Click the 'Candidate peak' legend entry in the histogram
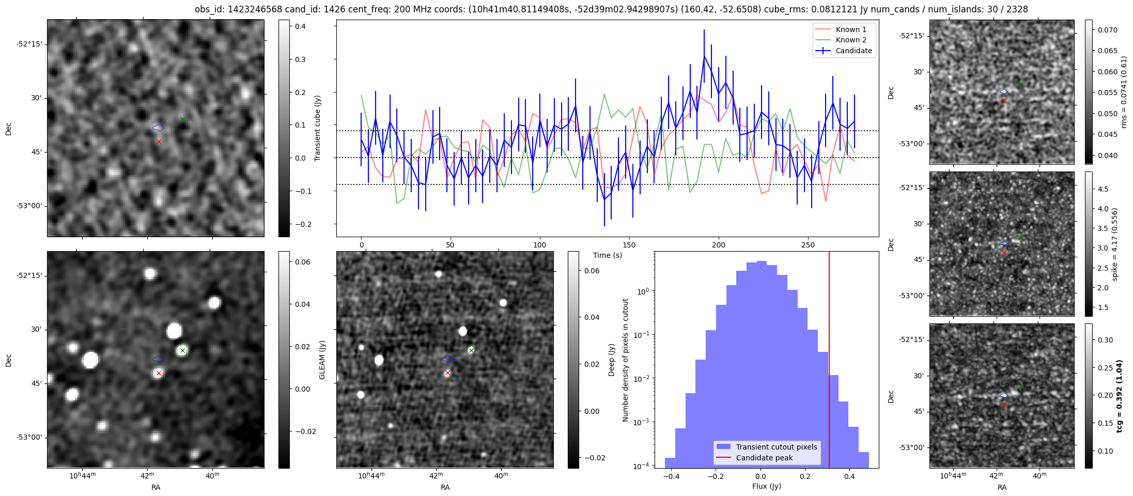pyautogui.click(x=764, y=458)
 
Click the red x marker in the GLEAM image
pyautogui.click(x=159, y=373)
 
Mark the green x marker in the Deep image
pyautogui.click(x=471, y=350)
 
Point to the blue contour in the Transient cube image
pyautogui.click(x=158, y=128)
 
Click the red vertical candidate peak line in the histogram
pyautogui.click(x=829, y=362)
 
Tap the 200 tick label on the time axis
pyautogui.click(x=719, y=245)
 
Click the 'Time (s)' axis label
pyautogui.click(x=608, y=255)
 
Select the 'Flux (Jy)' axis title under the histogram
pyautogui.click(x=767, y=486)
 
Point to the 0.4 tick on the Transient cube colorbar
pyautogui.click(x=300, y=26)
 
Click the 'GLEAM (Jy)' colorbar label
pyautogui.click(x=322, y=360)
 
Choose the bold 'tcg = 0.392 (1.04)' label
pyautogui.click(x=1119, y=396)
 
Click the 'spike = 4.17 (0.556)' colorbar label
pyautogui.click(x=1115, y=244)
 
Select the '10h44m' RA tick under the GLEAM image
pyautogui.click(x=83, y=475)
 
